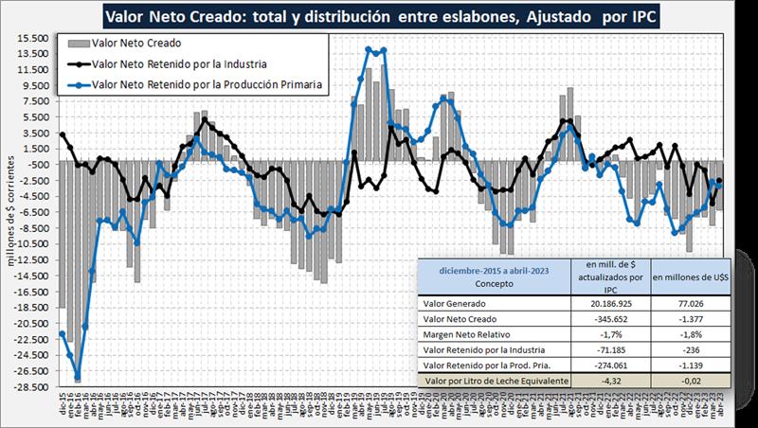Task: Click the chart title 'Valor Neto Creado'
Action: tap(379, 16)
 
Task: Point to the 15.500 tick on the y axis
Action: tap(34, 38)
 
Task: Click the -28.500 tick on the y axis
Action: tap(32, 386)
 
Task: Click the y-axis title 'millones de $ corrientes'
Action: tap(10, 208)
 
